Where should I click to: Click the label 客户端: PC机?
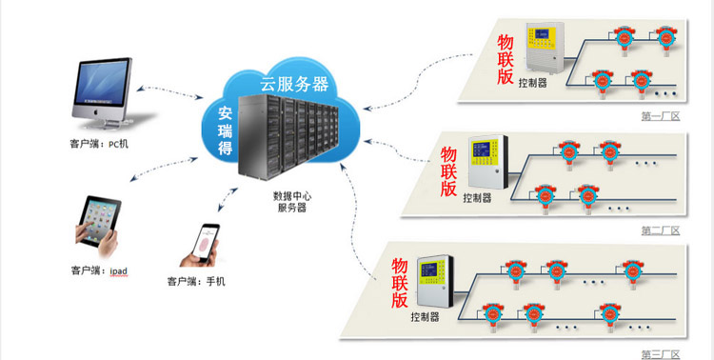pyautogui.click(x=99, y=145)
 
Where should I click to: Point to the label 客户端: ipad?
pyautogui.click(x=99, y=271)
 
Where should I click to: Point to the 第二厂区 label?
pyautogui.click(x=660, y=230)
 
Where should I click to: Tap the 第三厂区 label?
pyautogui.click(x=661, y=354)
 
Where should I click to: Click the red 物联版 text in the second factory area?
pyautogui.click(x=449, y=170)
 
